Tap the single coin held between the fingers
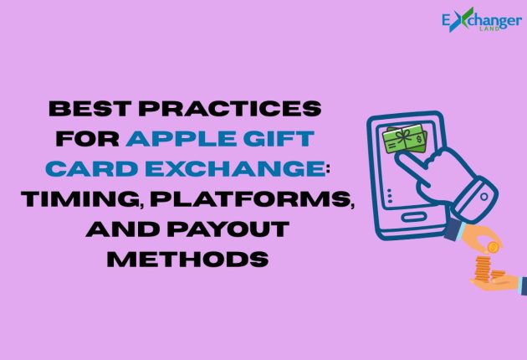[x=494, y=247]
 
